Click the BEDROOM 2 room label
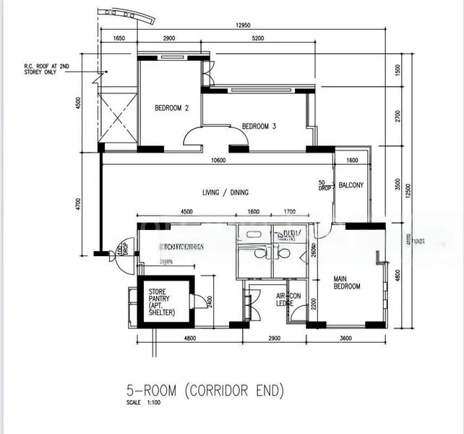171,109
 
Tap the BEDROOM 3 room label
259,127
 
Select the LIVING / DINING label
225,192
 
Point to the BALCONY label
351,185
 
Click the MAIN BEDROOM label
346,282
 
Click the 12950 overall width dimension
243,25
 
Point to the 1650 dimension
119,38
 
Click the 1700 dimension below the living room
289,212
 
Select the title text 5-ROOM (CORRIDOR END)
205,391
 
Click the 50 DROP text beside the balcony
325,186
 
